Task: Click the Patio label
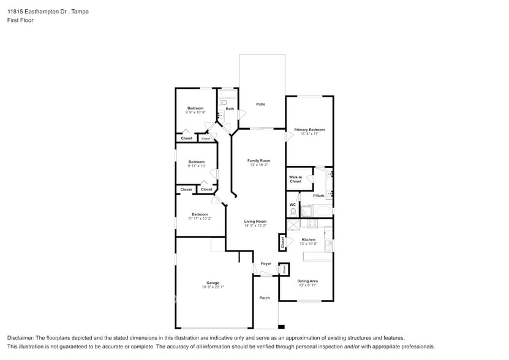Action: click(x=260, y=104)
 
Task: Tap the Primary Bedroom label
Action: click(x=309, y=130)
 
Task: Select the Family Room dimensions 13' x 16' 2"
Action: click(x=258, y=165)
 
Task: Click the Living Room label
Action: click(x=255, y=221)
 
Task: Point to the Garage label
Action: click(x=213, y=283)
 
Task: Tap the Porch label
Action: click(x=265, y=298)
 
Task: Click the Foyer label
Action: click(x=266, y=264)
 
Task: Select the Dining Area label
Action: click(x=307, y=281)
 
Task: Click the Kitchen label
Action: click(x=309, y=239)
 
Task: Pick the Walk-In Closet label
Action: click(x=295, y=179)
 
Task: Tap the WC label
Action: click(x=293, y=204)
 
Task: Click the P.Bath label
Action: click(x=319, y=196)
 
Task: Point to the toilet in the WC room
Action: click(x=293, y=212)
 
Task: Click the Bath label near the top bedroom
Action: click(x=230, y=109)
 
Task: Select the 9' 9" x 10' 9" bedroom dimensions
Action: click(x=195, y=113)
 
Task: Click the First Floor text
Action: click(x=20, y=20)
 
